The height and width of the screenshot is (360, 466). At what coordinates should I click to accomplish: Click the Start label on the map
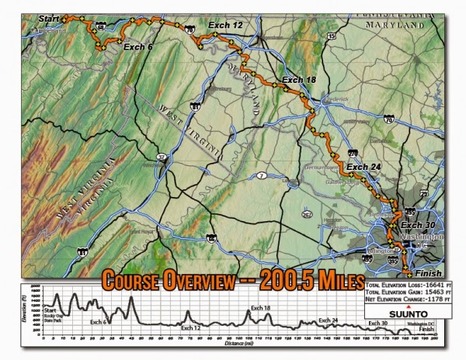(x=47, y=17)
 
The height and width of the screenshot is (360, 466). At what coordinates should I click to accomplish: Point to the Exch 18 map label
(x=299, y=80)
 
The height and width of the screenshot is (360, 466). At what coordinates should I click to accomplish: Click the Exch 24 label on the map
(x=364, y=166)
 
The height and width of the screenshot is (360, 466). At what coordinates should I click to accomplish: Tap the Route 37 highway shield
(x=162, y=157)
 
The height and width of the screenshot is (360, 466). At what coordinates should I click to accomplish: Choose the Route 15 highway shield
(x=332, y=36)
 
